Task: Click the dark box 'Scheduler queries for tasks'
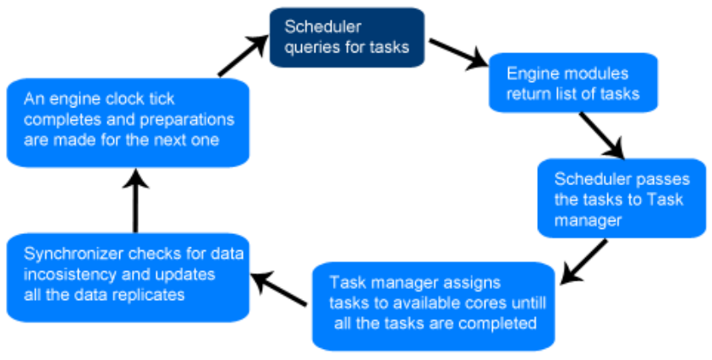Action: tap(347, 37)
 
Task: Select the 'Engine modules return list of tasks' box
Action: tap(573, 82)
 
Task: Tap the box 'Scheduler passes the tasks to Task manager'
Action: tap(622, 198)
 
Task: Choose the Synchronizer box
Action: tap(128, 277)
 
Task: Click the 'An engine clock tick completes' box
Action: tap(128, 123)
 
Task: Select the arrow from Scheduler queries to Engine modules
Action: tap(458, 54)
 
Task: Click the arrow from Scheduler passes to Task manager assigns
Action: tap(584, 262)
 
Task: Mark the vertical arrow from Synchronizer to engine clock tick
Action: tap(135, 200)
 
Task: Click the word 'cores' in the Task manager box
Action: tap(488, 303)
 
